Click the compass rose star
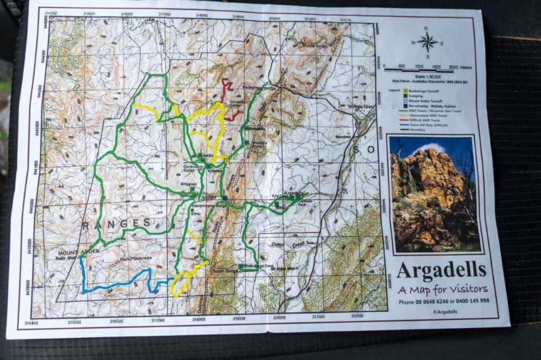pyautogui.click(x=428, y=42)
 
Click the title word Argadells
pyautogui.click(x=441, y=270)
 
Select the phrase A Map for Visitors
pyautogui.click(x=443, y=289)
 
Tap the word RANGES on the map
pyautogui.click(x=116, y=223)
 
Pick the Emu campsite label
pyautogui.click(x=196, y=213)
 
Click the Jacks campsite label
pyautogui.click(x=202, y=157)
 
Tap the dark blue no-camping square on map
pyautogui.click(x=225, y=198)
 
